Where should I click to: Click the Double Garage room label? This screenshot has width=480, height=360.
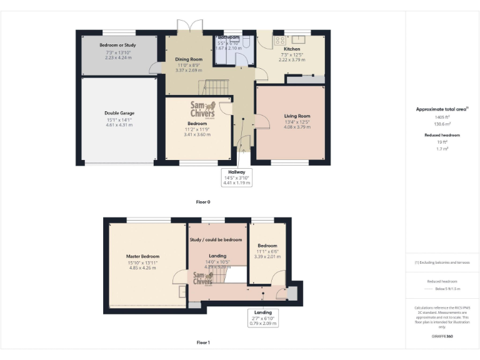coord(119,113)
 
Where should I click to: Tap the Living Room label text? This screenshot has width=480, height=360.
coord(297,116)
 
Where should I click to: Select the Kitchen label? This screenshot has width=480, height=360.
coord(292,49)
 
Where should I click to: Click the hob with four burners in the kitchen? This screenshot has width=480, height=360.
coord(278,41)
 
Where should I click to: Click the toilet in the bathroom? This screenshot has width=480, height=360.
coord(248,44)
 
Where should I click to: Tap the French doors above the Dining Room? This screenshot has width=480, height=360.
coord(186,27)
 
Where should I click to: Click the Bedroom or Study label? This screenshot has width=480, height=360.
coord(119,46)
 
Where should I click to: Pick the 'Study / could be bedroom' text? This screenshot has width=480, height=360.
coord(215,239)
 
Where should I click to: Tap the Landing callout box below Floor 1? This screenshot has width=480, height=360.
coord(262,317)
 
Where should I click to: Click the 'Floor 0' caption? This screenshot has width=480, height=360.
coord(203,202)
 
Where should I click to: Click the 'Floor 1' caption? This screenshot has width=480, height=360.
coord(203,342)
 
